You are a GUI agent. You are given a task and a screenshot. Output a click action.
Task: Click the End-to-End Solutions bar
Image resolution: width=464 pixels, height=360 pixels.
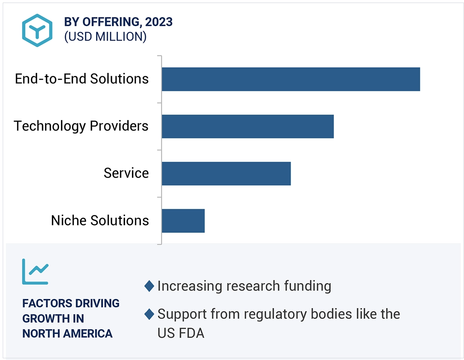pos(290,79)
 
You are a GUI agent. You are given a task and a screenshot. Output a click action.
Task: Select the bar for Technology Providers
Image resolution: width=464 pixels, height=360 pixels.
pos(247,126)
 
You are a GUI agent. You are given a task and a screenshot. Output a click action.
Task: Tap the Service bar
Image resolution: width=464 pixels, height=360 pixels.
pos(226,174)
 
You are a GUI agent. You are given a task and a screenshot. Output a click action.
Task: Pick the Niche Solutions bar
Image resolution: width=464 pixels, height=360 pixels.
pos(183,221)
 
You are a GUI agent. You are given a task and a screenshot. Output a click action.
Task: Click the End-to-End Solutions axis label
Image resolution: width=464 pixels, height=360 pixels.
pos(82,79)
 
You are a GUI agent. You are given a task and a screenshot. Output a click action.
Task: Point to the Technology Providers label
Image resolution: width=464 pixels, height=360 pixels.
pos(81,126)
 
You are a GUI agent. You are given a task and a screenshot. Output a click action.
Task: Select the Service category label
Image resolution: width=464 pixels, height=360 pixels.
pos(126,173)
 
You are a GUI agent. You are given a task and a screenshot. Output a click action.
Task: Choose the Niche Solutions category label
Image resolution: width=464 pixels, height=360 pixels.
pos(100,220)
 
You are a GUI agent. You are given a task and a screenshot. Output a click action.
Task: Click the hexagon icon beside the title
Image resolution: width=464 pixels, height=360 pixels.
pos(37,31)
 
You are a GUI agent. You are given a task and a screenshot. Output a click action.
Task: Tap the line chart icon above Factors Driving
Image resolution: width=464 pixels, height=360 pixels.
pos(35,272)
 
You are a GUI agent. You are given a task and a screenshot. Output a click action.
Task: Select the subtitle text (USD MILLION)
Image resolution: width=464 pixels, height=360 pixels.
pos(105,37)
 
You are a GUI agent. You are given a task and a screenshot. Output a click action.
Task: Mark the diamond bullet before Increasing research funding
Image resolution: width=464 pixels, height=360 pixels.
pos(149,286)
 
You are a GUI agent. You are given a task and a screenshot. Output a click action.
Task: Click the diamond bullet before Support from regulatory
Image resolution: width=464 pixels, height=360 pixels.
pos(149,314)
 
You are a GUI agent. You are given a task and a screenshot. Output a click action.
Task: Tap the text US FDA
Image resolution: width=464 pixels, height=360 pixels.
pos(180,333)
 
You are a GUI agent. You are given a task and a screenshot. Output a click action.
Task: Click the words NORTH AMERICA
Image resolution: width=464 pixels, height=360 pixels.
pos(67,333)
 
